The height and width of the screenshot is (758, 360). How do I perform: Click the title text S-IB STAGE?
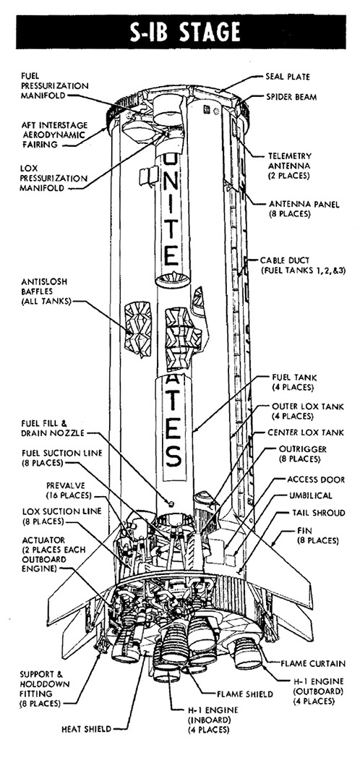pos(180,33)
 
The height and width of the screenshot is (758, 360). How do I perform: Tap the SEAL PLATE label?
pos(292,77)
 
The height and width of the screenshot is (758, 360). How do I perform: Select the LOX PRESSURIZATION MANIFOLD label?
pos(45,174)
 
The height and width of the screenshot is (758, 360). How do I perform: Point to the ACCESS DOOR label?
pos(315,480)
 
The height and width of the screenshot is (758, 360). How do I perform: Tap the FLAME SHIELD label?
pos(244,694)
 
